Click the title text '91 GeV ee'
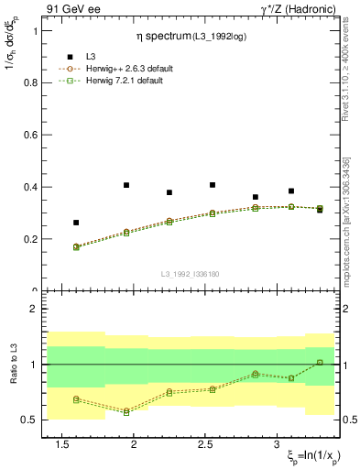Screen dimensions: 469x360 (x=70, y=9)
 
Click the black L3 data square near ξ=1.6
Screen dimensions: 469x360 (x=76, y=223)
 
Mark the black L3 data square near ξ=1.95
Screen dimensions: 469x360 (x=126, y=185)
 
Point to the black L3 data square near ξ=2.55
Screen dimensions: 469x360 (x=213, y=185)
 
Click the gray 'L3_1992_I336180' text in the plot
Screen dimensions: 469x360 (x=190, y=274)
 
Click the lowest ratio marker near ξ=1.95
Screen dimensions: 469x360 (x=126, y=412)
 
